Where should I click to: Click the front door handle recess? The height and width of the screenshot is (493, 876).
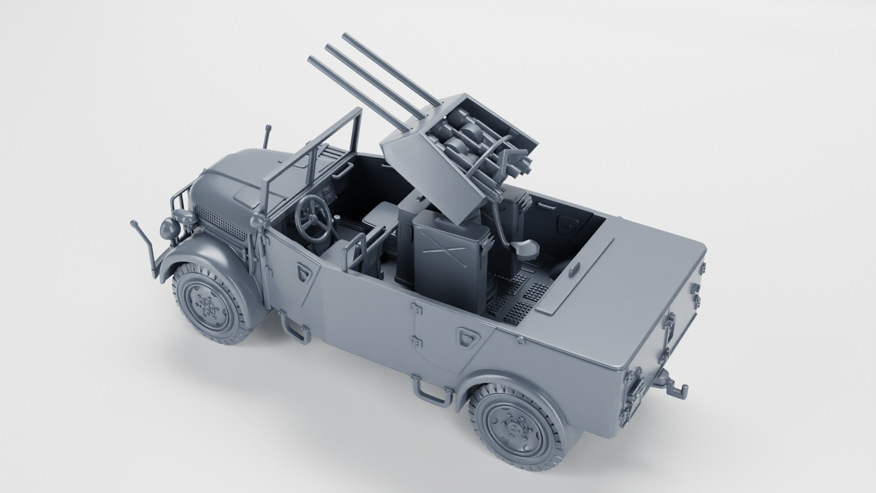click(x=302, y=273)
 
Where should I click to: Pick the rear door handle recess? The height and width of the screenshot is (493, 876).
click(x=468, y=336)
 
